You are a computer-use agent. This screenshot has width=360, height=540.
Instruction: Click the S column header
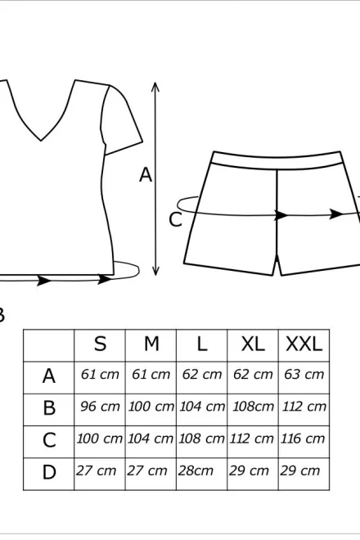[x=100, y=344]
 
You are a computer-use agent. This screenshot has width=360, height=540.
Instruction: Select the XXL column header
[x=304, y=344]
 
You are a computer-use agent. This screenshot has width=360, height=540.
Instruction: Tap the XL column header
[x=253, y=344]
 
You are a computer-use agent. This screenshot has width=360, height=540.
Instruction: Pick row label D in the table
[x=49, y=472]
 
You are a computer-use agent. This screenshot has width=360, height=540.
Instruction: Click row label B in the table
[x=49, y=408]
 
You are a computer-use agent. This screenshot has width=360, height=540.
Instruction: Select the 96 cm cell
[x=100, y=407]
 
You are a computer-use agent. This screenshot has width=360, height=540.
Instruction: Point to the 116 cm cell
[x=303, y=439]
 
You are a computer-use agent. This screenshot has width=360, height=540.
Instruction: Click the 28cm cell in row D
[x=196, y=470]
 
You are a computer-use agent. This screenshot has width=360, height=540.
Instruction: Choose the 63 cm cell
[x=304, y=374]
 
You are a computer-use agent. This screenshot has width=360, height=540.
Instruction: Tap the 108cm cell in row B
[x=253, y=407]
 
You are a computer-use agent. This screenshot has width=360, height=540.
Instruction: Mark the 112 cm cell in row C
[x=251, y=439]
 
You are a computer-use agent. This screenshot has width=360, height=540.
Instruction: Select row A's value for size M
[x=151, y=374]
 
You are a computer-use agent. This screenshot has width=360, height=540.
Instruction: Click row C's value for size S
[x=99, y=439]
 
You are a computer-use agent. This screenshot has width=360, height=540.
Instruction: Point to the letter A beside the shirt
[x=146, y=174]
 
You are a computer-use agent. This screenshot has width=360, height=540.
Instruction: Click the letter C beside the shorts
[x=175, y=220]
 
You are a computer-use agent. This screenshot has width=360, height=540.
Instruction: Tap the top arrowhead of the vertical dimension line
[x=155, y=87]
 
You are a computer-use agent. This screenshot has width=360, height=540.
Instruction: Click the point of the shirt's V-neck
[x=41, y=140]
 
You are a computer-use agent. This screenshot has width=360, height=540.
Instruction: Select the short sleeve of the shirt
[x=121, y=119]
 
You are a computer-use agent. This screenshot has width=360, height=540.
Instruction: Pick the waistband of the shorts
[x=277, y=160]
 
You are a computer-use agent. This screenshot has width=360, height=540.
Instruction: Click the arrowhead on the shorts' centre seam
[x=281, y=215]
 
